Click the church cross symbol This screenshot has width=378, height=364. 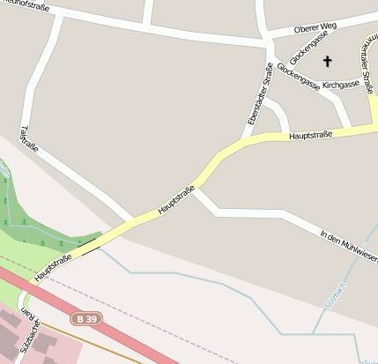point(328,61)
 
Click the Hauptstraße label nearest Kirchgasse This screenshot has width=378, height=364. point(310,135)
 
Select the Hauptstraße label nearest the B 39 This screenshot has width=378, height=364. point(54,266)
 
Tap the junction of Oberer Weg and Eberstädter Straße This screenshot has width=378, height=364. point(266,40)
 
